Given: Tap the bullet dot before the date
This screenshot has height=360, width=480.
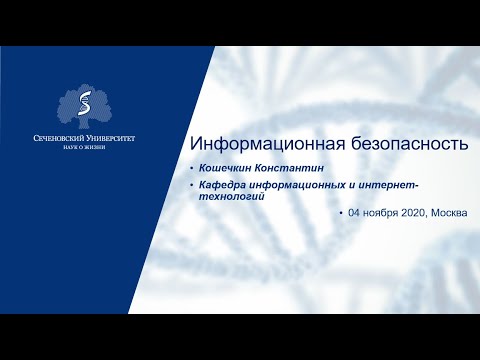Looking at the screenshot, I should coord(340,214).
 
